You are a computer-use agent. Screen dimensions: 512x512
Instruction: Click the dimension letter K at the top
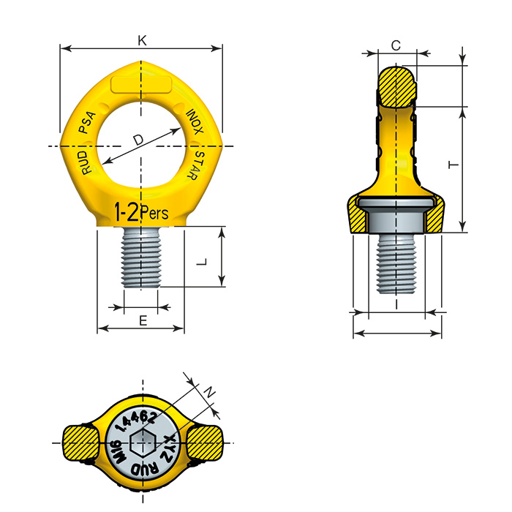coord(142,41)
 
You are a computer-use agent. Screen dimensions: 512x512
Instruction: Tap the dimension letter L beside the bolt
coord(206,260)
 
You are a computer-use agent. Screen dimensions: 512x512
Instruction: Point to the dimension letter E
coord(143,320)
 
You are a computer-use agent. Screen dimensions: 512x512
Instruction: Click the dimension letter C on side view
coord(396,45)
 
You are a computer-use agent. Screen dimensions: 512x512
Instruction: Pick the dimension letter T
coord(453,167)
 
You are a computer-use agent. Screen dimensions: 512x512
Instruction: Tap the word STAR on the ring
coord(197,165)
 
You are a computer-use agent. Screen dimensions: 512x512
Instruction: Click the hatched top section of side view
coord(396,86)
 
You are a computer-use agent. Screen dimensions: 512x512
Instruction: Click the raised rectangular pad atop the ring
coord(142,84)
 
